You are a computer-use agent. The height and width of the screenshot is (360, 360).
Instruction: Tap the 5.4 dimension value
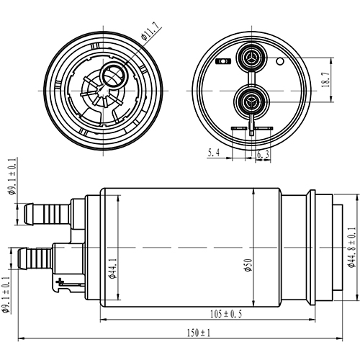pyautogui.click(x=214, y=153)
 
